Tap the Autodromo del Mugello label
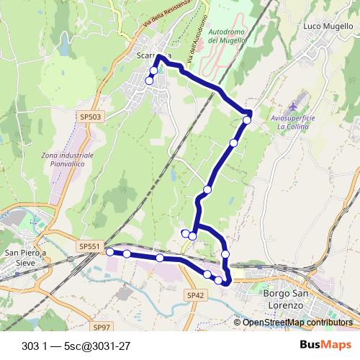(227, 37)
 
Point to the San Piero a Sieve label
(25, 258)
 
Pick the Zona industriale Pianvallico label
(68, 159)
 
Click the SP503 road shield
(91, 116)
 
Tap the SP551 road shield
(89, 246)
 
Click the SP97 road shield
(102, 327)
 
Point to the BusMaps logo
(324, 343)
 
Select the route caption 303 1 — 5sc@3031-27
(76, 344)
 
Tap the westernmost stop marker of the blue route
(109, 252)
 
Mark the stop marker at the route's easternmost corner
(247, 120)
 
